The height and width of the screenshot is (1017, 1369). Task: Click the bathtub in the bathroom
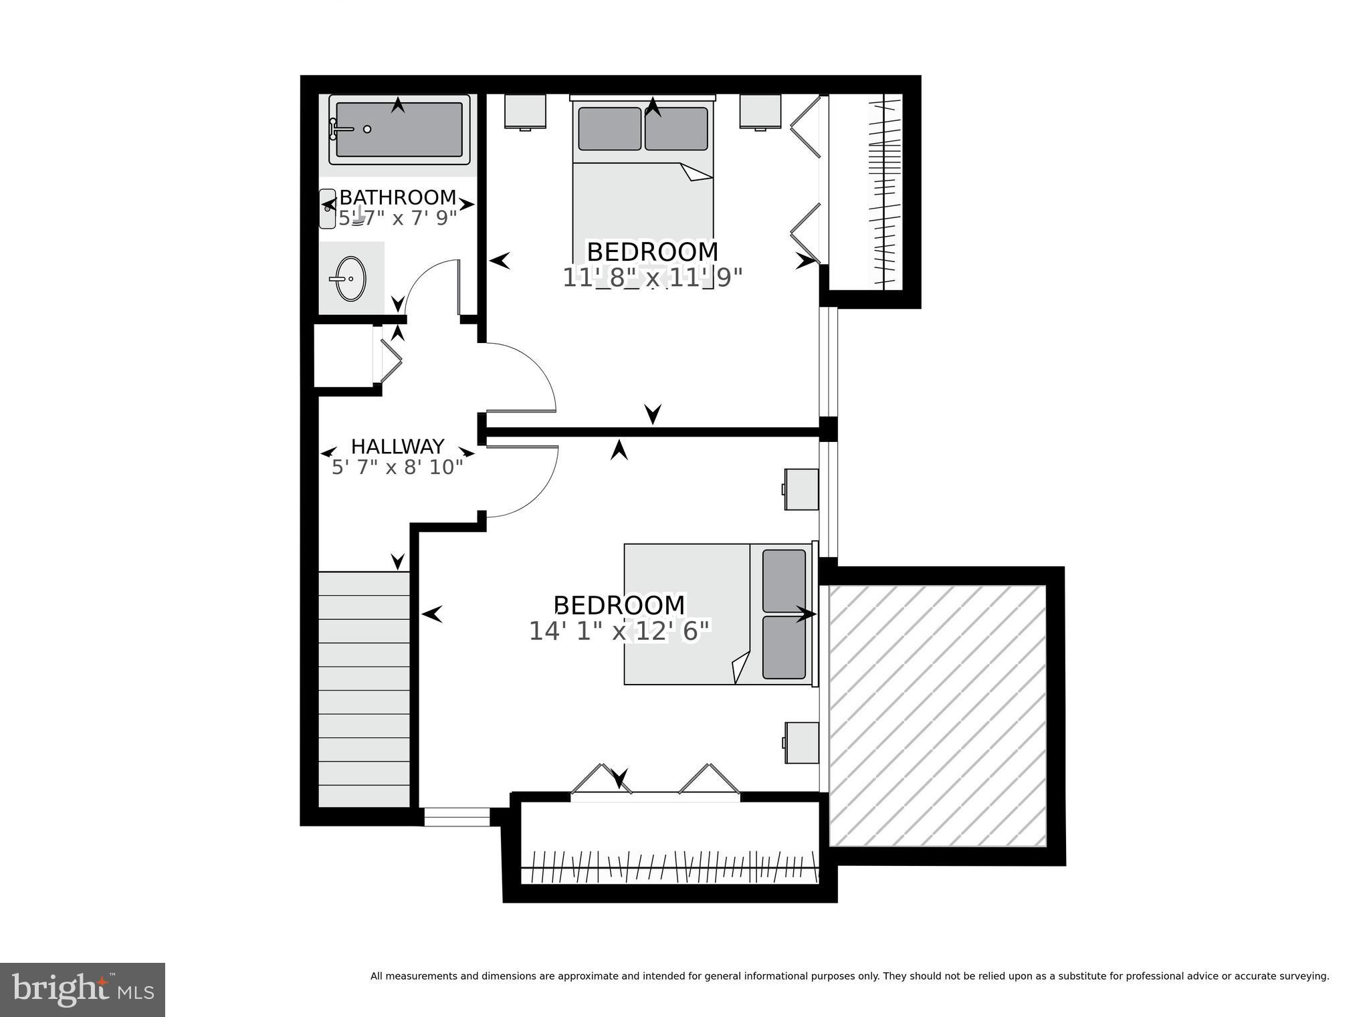click(x=399, y=130)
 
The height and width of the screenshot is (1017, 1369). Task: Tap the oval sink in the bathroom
click(x=350, y=278)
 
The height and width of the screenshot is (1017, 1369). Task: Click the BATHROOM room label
click(x=398, y=197)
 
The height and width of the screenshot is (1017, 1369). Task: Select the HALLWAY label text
click(x=398, y=446)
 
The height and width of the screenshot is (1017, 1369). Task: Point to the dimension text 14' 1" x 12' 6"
click(x=619, y=631)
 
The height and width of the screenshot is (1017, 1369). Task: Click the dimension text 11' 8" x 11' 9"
click(x=653, y=277)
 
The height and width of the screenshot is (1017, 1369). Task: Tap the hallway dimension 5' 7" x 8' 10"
click(x=398, y=467)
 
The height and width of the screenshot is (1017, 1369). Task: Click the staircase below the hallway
click(x=363, y=689)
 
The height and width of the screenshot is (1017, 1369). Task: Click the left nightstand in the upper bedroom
click(x=526, y=111)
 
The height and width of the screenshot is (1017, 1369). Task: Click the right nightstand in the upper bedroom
click(x=760, y=111)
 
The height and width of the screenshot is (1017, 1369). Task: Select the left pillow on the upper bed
click(x=609, y=128)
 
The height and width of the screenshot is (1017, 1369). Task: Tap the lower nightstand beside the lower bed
click(x=802, y=742)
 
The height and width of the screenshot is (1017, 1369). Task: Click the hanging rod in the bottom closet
click(x=669, y=868)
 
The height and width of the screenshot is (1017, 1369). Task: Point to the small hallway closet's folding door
click(x=391, y=361)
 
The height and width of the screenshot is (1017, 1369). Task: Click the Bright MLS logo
click(x=82, y=990)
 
